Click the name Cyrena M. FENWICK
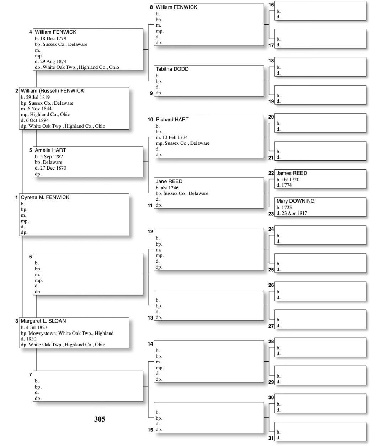click(x=45, y=197)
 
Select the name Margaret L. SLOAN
click(x=43, y=321)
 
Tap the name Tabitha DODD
click(x=172, y=69)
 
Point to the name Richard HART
click(x=172, y=120)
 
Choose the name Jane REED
click(x=169, y=181)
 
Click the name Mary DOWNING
click(x=295, y=201)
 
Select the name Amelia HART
click(x=50, y=150)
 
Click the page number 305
click(x=100, y=419)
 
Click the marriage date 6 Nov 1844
click(x=39, y=109)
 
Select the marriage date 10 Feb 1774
click(x=175, y=137)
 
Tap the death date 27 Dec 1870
click(x=53, y=168)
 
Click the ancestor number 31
click(x=271, y=438)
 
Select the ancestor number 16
click(x=271, y=5)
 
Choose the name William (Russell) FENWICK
click(x=52, y=91)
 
